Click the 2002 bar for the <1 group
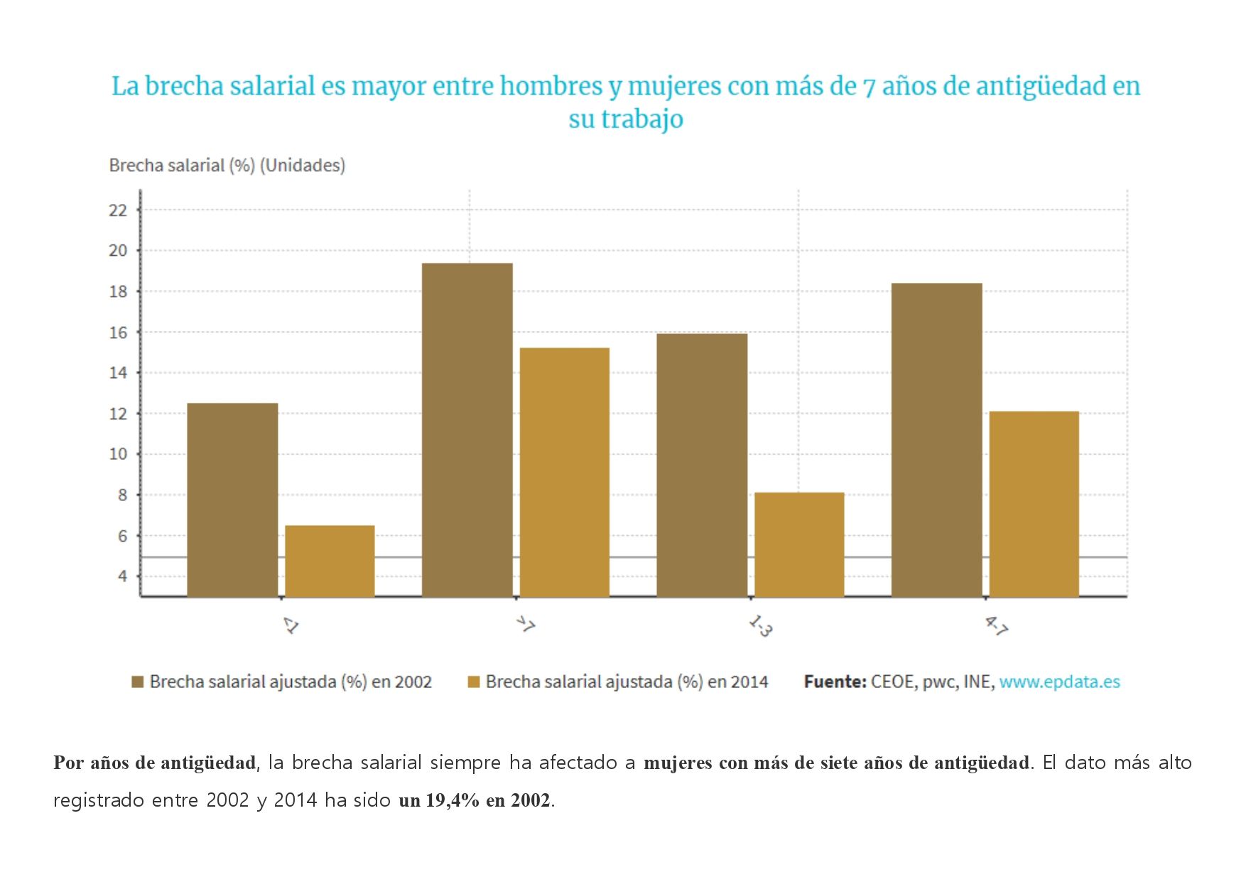tap(232, 500)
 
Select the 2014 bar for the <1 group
tap(330, 561)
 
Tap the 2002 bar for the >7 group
tap(467, 430)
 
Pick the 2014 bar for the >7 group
tap(564, 472)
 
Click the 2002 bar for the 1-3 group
tap(702, 465)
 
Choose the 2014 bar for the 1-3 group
tap(799, 544)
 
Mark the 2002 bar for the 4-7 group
tap(936, 440)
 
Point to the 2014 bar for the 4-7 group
tap(1034, 504)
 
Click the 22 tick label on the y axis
tap(118, 210)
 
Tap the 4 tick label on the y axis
tap(122, 576)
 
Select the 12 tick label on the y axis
tap(118, 414)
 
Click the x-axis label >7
tap(526, 625)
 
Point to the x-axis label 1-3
tap(760, 626)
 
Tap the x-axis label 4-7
tap(996, 626)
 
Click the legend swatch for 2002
tap(138, 682)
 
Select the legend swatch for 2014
tap(474, 682)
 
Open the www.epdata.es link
tap(1059, 682)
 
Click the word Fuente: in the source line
tap(835, 682)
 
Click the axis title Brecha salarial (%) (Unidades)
tap(227, 166)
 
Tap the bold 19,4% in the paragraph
tap(453, 800)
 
